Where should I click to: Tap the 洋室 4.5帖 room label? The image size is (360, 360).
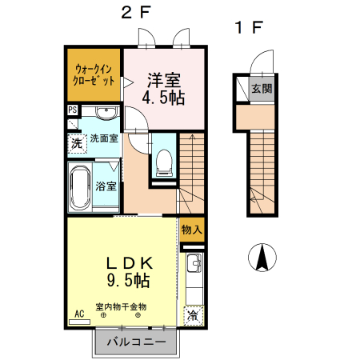(x=162, y=88)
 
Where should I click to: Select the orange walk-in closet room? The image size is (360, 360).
(x=94, y=75)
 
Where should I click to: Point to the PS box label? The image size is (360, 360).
(x=72, y=110)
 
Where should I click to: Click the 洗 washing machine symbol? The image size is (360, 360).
(x=74, y=144)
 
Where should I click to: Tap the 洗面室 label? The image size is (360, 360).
(x=103, y=138)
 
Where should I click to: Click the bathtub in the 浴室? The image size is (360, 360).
(x=79, y=186)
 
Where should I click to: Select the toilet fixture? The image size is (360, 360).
(x=164, y=160)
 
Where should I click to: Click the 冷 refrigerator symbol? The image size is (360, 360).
(x=193, y=315)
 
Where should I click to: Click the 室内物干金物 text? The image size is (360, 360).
(x=121, y=306)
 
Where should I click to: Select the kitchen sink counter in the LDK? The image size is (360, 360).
(x=194, y=276)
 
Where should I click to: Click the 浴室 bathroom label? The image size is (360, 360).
(x=106, y=186)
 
